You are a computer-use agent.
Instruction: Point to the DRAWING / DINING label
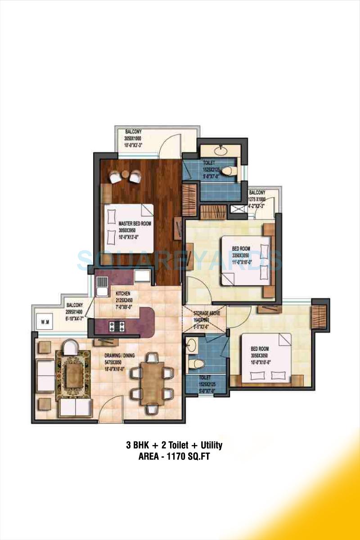pos(117,355)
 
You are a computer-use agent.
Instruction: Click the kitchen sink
pos(102,286)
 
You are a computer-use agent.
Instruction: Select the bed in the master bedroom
pos(129,227)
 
